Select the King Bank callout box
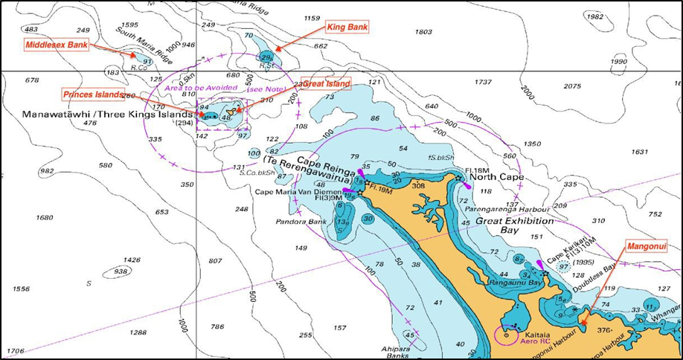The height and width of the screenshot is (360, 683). [347, 27]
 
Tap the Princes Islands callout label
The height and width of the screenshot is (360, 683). [92, 94]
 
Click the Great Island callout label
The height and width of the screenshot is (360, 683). [326, 84]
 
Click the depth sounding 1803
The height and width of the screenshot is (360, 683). [423, 32]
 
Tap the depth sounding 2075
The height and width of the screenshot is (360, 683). [572, 86]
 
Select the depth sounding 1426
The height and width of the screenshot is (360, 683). [131, 260]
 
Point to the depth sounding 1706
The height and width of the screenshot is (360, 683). [15, 350]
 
